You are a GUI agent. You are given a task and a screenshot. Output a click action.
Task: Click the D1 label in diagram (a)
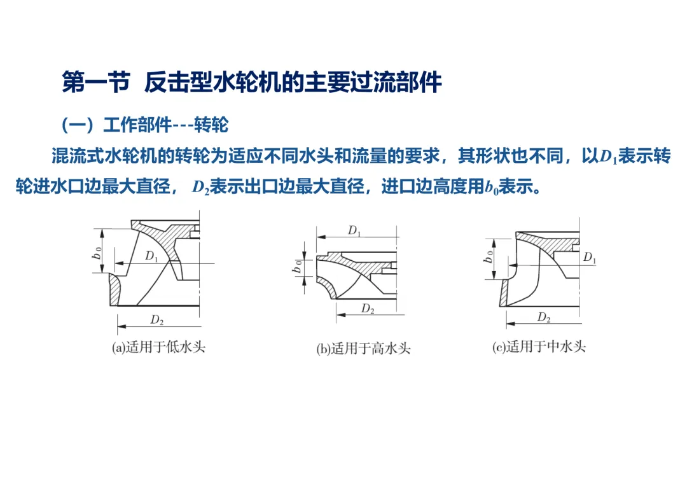151,256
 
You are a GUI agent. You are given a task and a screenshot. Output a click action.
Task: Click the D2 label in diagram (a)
157,320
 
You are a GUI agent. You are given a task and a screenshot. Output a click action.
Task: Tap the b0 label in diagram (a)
97,253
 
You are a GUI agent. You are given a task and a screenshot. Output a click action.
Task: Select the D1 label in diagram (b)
354,230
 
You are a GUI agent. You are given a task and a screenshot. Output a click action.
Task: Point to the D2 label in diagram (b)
368,309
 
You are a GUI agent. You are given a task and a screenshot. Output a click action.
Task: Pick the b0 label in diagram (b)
297,266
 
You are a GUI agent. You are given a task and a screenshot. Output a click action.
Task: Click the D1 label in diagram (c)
590,257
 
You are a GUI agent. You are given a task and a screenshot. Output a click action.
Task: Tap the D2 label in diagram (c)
544,317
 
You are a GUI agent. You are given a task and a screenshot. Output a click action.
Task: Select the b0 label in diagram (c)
488,256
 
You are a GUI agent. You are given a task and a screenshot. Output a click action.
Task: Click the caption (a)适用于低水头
158,347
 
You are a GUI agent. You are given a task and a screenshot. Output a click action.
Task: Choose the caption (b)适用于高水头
363,349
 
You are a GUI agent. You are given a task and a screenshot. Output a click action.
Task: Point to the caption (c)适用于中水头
539,347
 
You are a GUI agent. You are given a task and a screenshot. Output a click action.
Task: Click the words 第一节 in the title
96,82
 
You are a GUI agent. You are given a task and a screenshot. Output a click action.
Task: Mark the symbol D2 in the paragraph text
200,187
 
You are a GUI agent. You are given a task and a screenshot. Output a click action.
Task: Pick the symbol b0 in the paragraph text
492,187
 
